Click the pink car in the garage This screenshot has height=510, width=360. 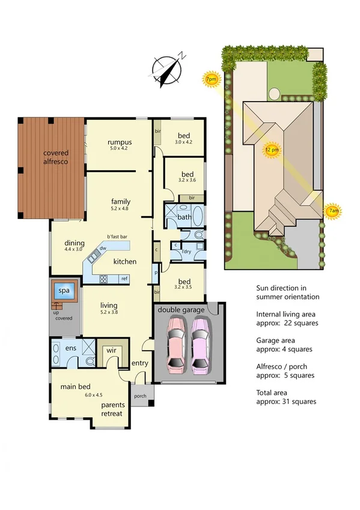175,346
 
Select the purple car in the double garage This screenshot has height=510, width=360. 201,346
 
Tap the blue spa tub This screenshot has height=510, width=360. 63,291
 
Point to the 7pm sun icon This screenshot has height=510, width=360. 211,79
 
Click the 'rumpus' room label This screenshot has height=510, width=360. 120,142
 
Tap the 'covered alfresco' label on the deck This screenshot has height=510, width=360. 55,158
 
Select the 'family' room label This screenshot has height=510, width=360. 120,201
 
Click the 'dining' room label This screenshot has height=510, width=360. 75,243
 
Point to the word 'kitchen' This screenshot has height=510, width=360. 125,262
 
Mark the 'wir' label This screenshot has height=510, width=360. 111,350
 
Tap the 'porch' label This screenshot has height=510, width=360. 140,396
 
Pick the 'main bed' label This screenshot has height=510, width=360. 75,387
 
